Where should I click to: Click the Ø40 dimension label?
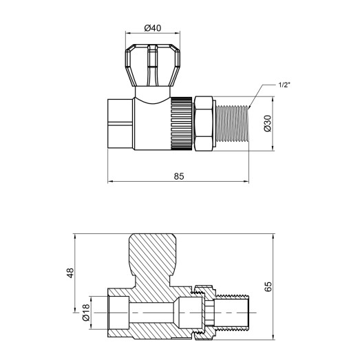tap(153, 28)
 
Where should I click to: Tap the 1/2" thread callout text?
tap(283, 85)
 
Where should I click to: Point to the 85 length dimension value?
tap(178, 176)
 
